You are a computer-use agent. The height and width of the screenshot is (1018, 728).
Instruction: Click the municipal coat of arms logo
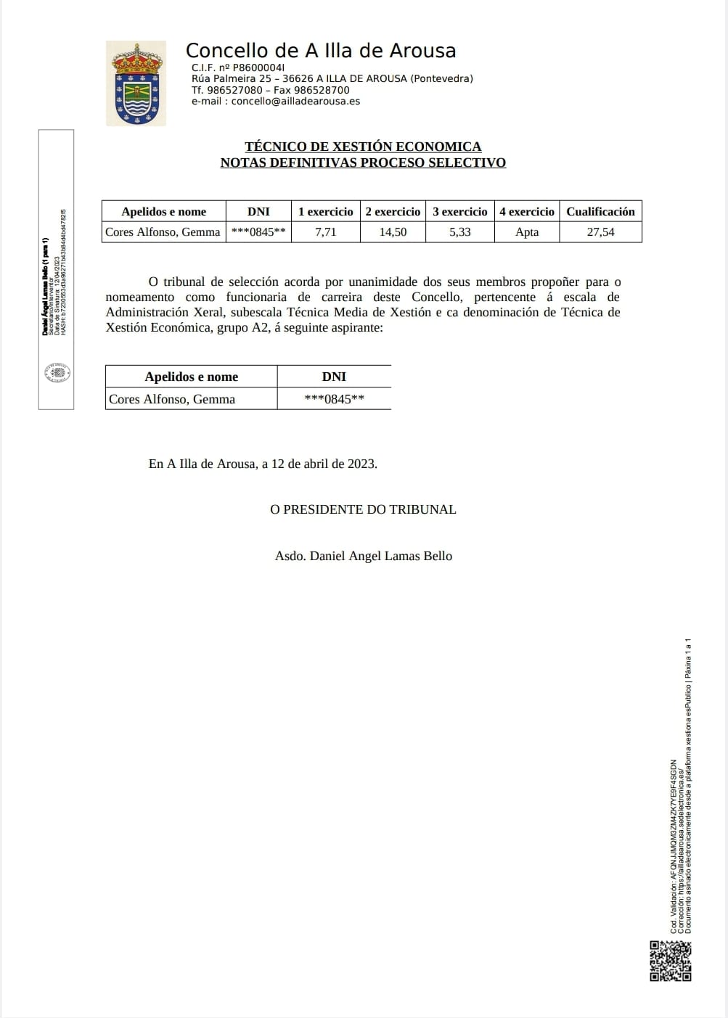[x=136, y=83]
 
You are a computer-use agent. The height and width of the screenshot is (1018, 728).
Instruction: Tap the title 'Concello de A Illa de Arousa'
[x=321, y=51]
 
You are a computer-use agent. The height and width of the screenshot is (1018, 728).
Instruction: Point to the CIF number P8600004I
[x=258, y=67]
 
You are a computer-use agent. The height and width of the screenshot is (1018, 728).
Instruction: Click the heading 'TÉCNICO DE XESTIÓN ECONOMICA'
[x=363, y=147]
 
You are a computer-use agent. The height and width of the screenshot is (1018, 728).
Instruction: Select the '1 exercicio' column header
[x=325, y=211]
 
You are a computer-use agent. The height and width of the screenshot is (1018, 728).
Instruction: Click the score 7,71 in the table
[x=325, y=232]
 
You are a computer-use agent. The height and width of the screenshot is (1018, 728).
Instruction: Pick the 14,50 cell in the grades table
[x=393, y=232]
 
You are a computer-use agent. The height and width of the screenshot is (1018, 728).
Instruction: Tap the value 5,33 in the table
[x=459, y=232]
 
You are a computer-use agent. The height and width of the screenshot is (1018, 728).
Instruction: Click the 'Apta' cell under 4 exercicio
[x=527, y=232]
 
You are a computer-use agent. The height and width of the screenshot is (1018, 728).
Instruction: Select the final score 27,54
[x=600, y=232]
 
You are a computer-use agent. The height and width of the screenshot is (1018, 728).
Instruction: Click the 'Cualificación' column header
[x=600, y=211]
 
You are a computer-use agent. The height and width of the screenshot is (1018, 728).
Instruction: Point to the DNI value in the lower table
[x=334, y=399]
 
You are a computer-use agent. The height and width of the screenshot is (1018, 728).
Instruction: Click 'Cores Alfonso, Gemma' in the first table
[x=163, y=232]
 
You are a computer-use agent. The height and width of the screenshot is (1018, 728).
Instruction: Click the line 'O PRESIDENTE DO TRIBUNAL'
[x=363, y=509]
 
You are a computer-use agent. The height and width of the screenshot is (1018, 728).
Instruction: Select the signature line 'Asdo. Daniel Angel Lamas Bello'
[x=363, y=556]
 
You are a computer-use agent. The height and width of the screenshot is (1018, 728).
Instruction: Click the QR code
[x=670, y=961]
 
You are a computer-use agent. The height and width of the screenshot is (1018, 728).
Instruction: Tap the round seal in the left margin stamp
[x=57, y=373]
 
